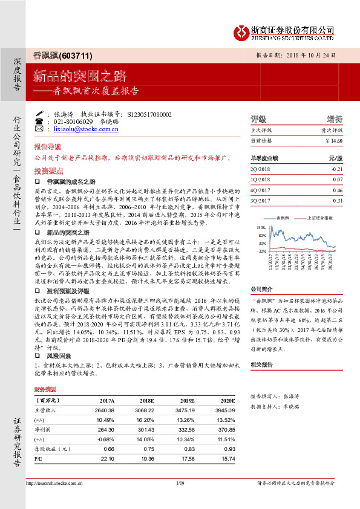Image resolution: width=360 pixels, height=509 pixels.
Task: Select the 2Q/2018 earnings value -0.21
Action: (337, 169)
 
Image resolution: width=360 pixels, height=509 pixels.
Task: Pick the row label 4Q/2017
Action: (260, 190)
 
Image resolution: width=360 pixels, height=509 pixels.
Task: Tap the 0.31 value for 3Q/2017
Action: (338, 200)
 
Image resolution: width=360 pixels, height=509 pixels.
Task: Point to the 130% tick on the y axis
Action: (261, 227)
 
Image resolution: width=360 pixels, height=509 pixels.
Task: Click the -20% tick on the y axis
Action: (261, 250)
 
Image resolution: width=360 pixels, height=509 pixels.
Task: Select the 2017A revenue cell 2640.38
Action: (105, 411)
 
